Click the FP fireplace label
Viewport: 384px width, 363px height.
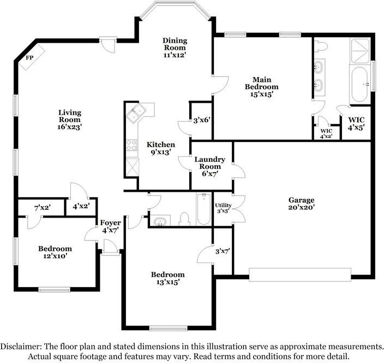[x=29, y=58]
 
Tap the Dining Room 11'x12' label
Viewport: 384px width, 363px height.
[x=175, y=48]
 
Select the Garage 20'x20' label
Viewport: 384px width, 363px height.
[x=301, y=203]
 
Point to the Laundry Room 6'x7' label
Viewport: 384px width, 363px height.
[x=210, y=166]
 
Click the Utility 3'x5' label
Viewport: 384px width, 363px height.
[x=223, y=208]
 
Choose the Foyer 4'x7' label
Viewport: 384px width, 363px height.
[x=110, y=226]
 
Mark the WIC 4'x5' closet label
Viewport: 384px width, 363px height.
[x=356, y=124]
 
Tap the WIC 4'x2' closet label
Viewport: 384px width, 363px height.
[x=326, y=133]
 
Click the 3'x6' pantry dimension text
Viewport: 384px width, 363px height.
[x=202, y=120]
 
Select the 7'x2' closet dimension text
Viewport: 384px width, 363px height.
[x=43, y=208]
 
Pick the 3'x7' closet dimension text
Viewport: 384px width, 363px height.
[x=223, y=251]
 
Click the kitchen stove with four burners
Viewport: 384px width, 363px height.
[x=131, y=145]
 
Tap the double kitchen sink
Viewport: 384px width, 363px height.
[x=136, y=113]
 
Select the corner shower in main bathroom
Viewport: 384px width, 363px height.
[x=360, y=51]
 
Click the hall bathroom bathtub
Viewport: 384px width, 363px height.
[x=204, y=209]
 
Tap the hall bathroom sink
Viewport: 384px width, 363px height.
[x=160, y=221]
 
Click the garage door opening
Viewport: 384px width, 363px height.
[x=300, y=274]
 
